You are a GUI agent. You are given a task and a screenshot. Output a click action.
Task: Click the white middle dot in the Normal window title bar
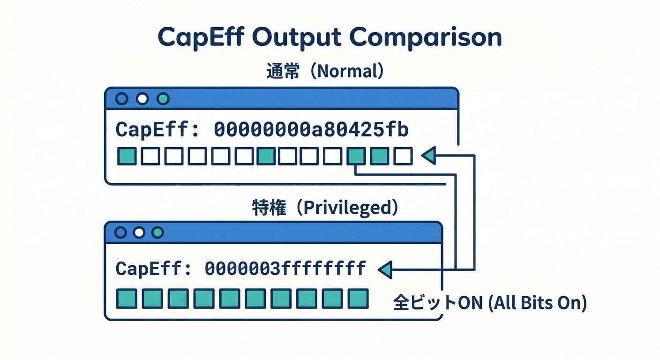point(142,99)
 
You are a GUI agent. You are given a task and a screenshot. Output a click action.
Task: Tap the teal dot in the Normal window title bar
point(163,99)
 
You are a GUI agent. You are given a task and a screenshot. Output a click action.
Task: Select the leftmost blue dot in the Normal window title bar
point(121,99)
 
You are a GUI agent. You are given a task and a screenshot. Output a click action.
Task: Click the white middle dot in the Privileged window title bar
point(138,232)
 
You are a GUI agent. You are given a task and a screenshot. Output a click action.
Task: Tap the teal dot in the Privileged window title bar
point(157,232)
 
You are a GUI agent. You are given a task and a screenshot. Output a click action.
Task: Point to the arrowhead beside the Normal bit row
point(429,156)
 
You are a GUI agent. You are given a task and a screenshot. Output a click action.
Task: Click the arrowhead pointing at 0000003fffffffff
point(385,270)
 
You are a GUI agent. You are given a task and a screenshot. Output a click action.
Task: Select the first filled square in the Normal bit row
point(127,156)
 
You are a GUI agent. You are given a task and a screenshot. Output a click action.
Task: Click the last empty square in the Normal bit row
point(403,156)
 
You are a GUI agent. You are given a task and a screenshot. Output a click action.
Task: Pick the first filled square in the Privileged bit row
point(126,299)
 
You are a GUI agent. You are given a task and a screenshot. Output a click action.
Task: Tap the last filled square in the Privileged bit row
point(358,299)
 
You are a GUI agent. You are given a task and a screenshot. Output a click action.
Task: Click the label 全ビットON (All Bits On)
point(489,303)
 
